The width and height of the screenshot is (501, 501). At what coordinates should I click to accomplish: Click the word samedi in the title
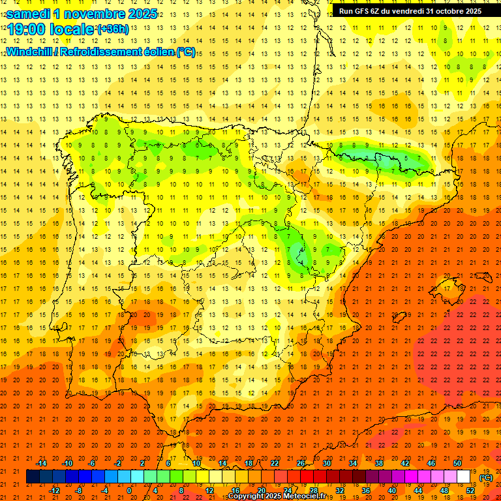pos(30,14)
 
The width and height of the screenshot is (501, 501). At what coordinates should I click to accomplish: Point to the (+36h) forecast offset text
pos(112,29)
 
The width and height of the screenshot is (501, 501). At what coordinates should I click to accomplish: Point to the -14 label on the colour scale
pos(42,463)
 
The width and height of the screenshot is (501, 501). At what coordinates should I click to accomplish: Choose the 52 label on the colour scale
pos(470,491)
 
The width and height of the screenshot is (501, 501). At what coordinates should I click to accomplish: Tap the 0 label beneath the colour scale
pos(129,491)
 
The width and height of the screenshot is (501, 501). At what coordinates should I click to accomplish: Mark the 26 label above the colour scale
pos(301,463)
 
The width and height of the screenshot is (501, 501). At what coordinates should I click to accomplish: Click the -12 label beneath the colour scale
pos(54,491)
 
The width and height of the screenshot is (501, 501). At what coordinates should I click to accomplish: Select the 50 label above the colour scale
pos(458,463)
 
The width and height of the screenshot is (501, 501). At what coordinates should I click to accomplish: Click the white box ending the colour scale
pos(463,477)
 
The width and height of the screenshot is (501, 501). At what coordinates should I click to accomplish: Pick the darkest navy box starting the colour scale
pos(33,477)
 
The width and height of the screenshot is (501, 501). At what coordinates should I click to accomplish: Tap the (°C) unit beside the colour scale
pos(486,478)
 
